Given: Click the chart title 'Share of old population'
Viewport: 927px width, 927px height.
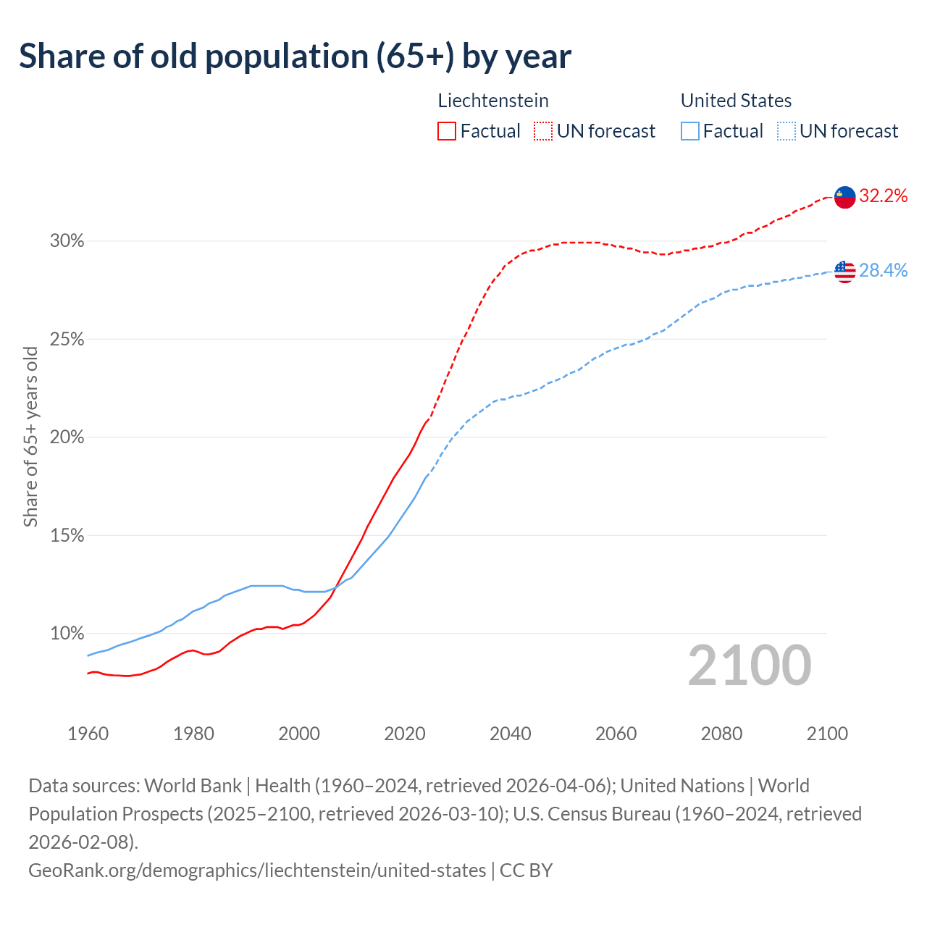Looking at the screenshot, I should (x=295, y=56).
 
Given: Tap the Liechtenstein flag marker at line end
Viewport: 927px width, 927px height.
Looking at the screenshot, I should (x=844, y=196).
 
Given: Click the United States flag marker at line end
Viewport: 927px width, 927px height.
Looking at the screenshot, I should (x=844, y=272).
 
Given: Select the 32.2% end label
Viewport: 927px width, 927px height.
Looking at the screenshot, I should (x=883, y=196).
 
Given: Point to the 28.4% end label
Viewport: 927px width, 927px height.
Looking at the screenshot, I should (x=883, y=270).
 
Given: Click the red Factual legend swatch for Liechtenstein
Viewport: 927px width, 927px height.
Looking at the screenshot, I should (x=447, y=131).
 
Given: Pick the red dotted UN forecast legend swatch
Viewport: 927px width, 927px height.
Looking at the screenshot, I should (x=543, y=131).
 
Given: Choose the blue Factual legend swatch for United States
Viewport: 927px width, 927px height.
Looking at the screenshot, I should (x=690, y=131).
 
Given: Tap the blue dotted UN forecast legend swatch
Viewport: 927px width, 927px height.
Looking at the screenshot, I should (x=786, y=131).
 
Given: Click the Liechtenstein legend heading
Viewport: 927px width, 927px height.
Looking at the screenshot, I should (x=493, y=101).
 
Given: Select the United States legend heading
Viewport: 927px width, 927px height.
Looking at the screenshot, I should (x=736, y=101).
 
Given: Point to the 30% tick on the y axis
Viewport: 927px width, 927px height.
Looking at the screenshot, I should (x=67, y=241).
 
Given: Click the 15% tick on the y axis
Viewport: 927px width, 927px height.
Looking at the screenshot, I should (x=67, y=536).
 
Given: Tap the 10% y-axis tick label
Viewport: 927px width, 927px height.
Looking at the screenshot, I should (x=67, y=634).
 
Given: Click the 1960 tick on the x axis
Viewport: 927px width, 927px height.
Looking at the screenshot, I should (x=88, y=734).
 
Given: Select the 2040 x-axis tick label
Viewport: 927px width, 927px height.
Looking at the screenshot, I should (x=510, y=734).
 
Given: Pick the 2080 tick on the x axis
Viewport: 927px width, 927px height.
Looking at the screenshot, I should (x=721, y=734).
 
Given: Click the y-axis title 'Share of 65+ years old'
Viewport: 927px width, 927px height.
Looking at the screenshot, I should (x=30, y=437).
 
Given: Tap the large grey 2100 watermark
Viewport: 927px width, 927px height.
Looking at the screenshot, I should (x=749, y=666).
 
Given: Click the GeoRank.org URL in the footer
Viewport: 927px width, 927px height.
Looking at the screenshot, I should (x=257, y=870).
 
